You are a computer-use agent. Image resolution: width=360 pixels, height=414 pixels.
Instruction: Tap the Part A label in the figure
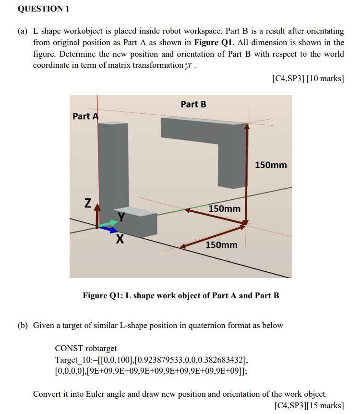click(85, 116)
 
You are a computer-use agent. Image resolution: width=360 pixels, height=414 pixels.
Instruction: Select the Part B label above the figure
click(193, 104)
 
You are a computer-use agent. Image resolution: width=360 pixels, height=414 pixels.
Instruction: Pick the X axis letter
click(119, 239)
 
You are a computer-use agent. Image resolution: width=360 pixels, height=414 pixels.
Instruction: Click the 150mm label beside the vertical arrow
click(271, 165)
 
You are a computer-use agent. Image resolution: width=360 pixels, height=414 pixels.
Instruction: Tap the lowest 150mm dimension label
click(221, 245)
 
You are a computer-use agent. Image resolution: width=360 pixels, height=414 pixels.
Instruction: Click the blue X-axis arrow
click(109, 229)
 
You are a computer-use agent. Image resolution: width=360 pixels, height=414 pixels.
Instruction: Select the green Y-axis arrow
click(109, 223)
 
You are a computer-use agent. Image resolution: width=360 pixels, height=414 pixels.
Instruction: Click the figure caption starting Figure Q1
click(180, 295)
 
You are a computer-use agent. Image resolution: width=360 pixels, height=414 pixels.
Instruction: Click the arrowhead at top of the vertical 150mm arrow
click(247, 126)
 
